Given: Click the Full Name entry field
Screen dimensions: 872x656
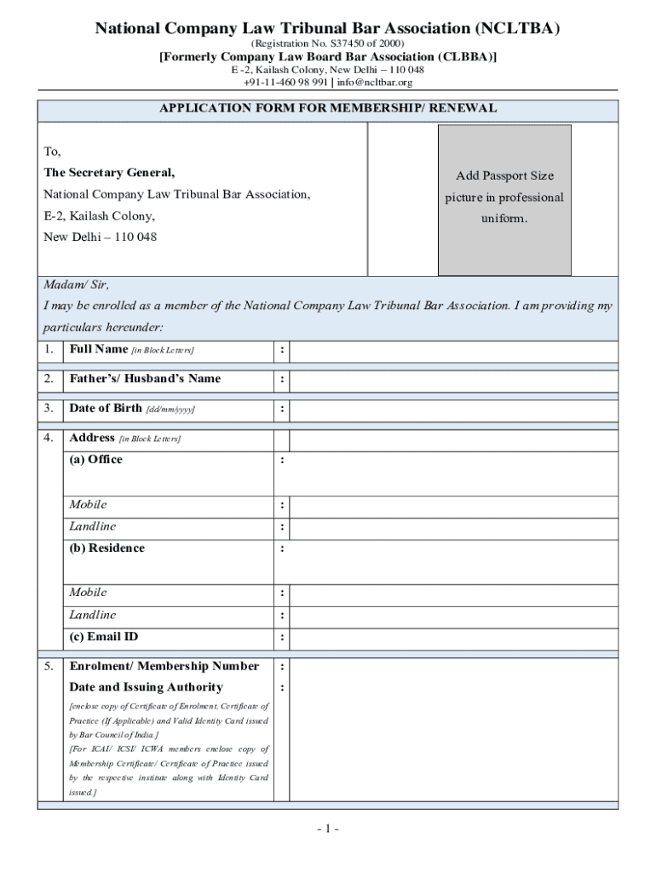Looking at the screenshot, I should click(453, 351).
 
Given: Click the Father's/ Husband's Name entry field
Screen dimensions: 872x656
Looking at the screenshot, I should click(453, 380).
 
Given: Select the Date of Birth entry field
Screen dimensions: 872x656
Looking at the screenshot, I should click(453, 410).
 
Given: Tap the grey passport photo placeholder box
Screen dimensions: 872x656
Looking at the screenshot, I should click(504, 200).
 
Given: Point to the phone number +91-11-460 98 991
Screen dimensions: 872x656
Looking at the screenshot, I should click(285, 83).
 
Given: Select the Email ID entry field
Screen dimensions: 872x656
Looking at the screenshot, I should click(453, 638).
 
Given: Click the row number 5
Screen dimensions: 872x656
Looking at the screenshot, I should click(49, 666).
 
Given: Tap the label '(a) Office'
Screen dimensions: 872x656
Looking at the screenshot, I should click(95, 460).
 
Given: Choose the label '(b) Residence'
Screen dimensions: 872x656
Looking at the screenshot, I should click(106, 548).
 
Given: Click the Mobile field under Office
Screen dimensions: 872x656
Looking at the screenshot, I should click(453, 506).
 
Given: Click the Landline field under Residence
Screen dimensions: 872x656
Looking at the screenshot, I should click(453, 616).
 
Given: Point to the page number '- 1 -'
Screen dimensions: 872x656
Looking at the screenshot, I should click(327, 829).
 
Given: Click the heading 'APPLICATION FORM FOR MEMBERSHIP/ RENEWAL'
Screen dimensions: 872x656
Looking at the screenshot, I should click(328, 109).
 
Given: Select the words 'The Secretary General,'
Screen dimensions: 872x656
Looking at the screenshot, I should click(109, 173).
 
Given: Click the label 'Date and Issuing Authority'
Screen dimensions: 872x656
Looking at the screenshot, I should click(146, 687).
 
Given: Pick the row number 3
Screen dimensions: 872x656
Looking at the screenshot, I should click(49, 409).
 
